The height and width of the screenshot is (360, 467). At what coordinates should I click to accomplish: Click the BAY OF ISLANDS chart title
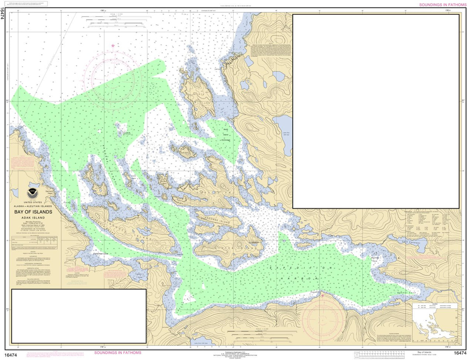click(33, 212)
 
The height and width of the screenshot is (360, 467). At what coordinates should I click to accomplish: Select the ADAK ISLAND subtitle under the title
click(33, 218)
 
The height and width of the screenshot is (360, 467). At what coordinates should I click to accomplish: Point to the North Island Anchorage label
click(226, 135)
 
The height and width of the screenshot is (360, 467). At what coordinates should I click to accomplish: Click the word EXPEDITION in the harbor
click(302, 268)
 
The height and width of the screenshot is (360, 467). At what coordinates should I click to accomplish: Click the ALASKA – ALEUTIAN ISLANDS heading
click(33, 206)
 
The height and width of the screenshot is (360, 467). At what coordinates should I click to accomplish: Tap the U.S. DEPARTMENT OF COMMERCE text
click(233, 354)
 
